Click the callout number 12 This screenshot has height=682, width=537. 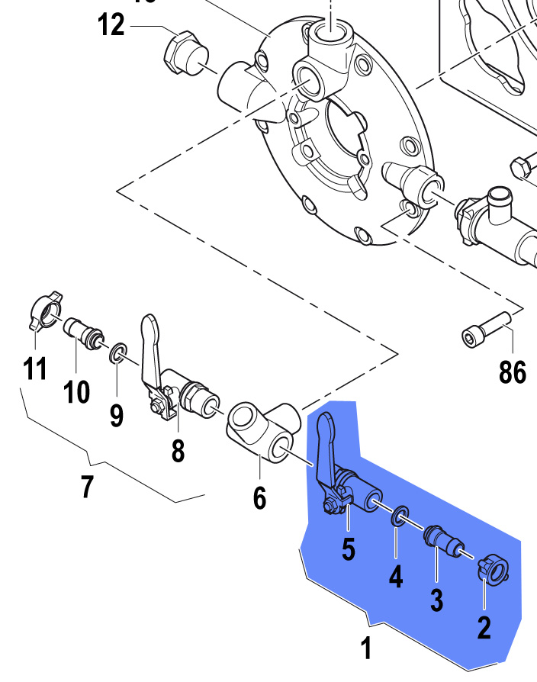111,24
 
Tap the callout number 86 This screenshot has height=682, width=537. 513,372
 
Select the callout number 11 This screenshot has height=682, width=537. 34,368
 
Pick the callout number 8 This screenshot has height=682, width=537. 178,450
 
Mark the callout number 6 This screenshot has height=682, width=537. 259,498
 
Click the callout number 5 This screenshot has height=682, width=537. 348,550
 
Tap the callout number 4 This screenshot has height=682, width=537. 395,577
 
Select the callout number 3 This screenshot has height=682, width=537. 436,600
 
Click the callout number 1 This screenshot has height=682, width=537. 366,648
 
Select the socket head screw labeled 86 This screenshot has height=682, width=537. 484,329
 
